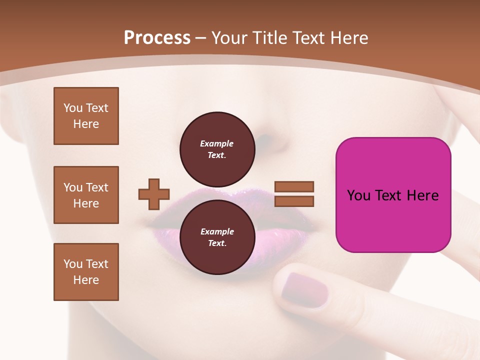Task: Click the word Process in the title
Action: pyautogui.click(x=157, y=38)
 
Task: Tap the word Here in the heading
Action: pyautogui.click(x=348, y=38)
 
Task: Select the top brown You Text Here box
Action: pyautogui.click(x=86, y=116)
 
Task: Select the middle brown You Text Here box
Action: pyautogui.click(x=86, y=195)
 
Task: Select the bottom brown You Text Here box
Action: pyautogui.click(x=86, y=272)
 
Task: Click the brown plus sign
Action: pyautogui.click(x=154, y=194)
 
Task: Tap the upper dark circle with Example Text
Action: pyautogui.click(x=217, y=149)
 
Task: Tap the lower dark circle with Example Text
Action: pyautogui.click(x=217, y=237)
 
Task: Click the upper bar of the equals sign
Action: pyautogui.click(x=294, y=186)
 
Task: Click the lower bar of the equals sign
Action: pyautogui.click(x=294, y=201)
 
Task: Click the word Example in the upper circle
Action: pyautogui.click(x=216, y=143)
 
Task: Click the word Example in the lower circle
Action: pyautogui.click(x=216, y=231)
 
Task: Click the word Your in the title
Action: pyautogui.click(x=228, y=38)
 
